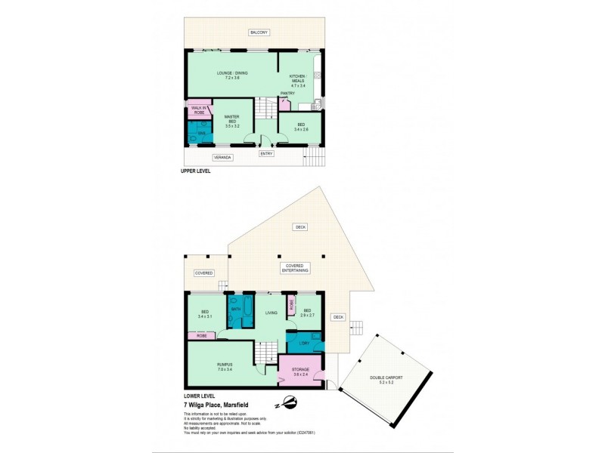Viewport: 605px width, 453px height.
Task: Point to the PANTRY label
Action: tap(287, 93)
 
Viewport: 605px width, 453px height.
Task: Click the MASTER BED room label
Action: tap(232, 122)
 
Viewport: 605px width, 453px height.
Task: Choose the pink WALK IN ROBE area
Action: tap(199, 109)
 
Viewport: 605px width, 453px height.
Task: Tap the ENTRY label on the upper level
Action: tap(266, 154)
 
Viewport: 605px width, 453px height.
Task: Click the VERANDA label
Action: tap(222, 157)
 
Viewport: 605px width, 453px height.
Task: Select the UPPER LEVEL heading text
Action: tap(195, 171)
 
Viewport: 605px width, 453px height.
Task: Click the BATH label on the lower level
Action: tap(235, 310)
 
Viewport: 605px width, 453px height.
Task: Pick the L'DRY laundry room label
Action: tap(305, 344)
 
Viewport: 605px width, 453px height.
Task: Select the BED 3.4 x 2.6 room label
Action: tap(300, 128)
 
